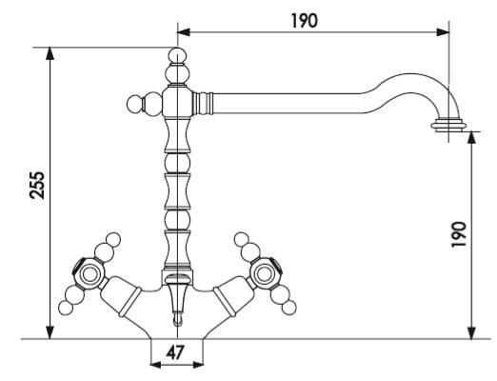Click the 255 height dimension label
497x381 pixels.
36,185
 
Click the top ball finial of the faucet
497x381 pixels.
177,55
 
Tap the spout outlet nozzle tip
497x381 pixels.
448,125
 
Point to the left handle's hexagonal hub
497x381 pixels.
89,273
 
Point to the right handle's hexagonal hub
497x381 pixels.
265,273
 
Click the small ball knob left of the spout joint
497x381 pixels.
134,103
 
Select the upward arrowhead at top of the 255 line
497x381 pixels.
50,53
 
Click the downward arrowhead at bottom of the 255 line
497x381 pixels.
50,332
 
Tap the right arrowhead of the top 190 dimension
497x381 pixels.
443,32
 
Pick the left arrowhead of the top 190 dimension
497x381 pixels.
184,32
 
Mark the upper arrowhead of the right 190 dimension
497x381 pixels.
472,137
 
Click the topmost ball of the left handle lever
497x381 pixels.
113,239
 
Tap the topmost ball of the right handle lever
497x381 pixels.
242,239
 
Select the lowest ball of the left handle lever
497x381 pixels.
66,308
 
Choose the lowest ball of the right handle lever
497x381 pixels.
288,308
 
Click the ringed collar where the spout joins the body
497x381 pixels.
203,103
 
